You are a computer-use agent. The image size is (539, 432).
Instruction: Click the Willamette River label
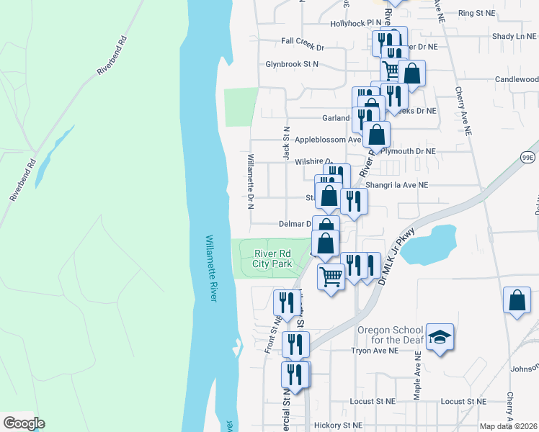[210, 269]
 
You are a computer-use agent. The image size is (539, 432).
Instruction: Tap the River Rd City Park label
[272, 258]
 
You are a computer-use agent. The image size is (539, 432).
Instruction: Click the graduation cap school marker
[439, 338]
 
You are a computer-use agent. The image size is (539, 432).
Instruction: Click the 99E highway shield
[527, 157]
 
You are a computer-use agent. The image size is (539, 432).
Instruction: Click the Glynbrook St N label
[292, 64]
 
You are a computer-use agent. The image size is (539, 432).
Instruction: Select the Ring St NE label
[477, 13]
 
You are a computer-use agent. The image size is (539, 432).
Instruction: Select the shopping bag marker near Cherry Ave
[517, 301]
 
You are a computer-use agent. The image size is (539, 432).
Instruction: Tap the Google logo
[24, 423]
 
